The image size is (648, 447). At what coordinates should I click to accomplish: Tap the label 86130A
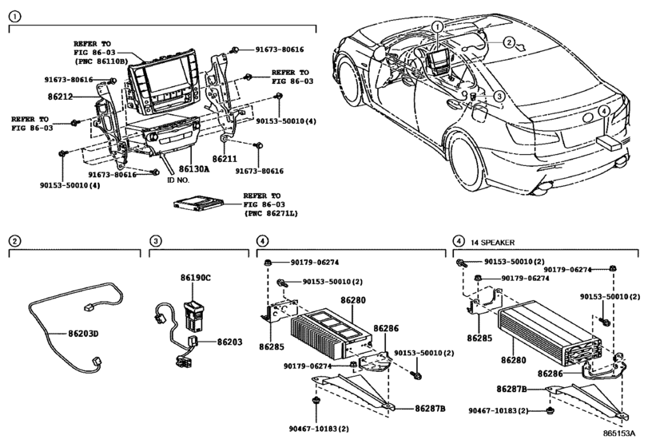[193, 169]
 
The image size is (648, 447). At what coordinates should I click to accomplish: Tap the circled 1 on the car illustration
[438, 26]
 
